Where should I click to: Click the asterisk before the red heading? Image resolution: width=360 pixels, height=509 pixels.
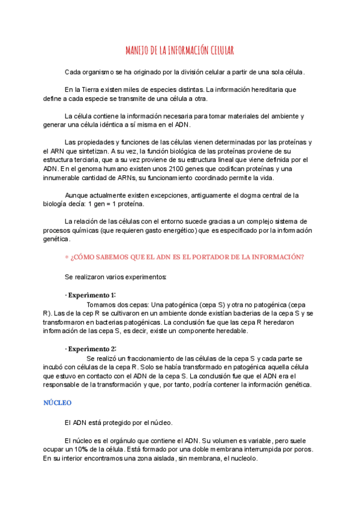(x=67, y=258)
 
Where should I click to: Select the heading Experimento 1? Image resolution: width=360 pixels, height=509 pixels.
(x=91, y=295)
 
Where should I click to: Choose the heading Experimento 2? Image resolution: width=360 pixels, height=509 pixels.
(x=91, y=349)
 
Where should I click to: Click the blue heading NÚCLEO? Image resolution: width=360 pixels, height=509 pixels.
(x=58, y=403)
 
